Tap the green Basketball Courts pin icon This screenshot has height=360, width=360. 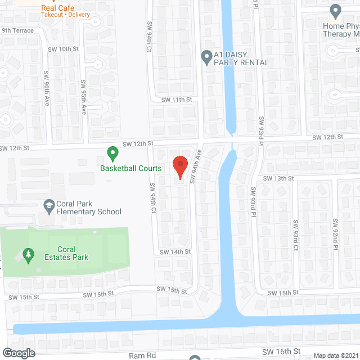coord(112,152)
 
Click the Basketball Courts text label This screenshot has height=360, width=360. coord(130,168)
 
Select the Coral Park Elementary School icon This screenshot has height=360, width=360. coord(48,206)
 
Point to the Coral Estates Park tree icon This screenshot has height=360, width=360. coord(28,256)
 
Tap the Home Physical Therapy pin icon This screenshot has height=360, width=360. coord(336,11)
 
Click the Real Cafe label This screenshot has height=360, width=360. coord(55,8)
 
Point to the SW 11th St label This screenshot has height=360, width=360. coord(177,100)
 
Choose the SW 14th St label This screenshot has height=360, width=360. coord(175,251)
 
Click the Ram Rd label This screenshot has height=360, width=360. coord(141,355)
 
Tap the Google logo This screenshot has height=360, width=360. coord(18,353)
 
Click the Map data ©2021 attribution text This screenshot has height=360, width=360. coord(335,355)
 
